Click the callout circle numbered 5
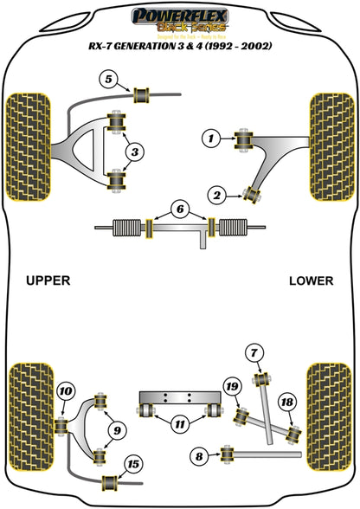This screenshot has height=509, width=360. pyautogui.click(x=109, y=81)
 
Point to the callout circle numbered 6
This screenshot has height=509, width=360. pyautogui.click(x=179, y=209)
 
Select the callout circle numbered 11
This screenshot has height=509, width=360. pyautogui.click(x=178, y=425)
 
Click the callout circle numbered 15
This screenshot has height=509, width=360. pyautogui.click(x=133, y=465)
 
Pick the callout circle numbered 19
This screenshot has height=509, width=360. pyautogui.click(x=232, y=387)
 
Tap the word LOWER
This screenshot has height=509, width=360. pyautogui.click(x=311, y=280)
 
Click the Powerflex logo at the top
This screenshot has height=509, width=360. pyautogui.click(x=179, y=16)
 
